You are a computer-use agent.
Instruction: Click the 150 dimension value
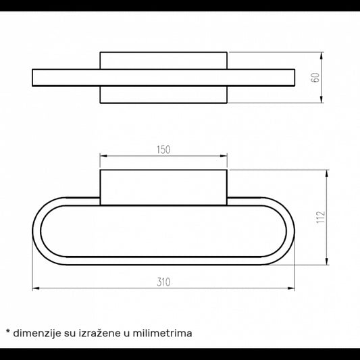pos(163,150)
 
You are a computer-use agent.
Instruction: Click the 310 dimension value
pos(163,282)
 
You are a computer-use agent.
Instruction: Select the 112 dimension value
pos(321,217)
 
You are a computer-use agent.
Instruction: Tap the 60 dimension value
pos(315,78)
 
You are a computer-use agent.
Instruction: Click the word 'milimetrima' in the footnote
pos(162,333)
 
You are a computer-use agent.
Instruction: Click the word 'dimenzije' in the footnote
pos(37,334)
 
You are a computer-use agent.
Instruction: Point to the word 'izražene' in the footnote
pos(100,333)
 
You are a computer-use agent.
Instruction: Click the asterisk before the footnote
pos(8,332)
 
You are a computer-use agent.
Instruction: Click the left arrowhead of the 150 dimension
pos(103,156)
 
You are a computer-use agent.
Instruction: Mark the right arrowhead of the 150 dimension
pos(224,156)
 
